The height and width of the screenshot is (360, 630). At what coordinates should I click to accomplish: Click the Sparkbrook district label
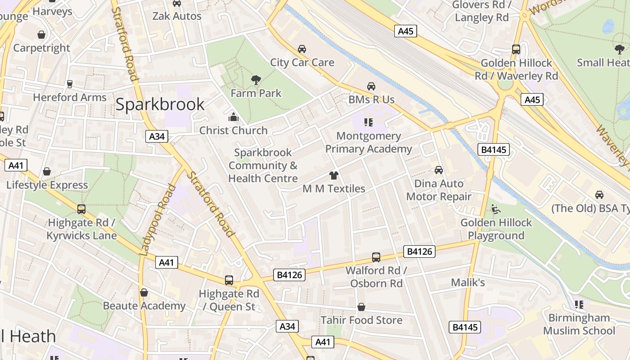(160, 104)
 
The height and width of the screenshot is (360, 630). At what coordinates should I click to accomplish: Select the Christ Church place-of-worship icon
(233, 117)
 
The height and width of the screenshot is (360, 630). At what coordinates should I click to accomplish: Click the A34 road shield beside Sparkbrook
(157, 136)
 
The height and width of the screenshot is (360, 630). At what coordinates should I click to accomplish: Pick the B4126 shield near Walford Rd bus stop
(419, 252)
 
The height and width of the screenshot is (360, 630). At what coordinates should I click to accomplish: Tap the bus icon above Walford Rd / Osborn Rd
(376, 257)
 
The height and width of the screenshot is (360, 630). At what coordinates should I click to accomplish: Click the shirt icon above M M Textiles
(333, 175)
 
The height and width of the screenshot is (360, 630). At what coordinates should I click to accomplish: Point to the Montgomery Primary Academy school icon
(369, 122)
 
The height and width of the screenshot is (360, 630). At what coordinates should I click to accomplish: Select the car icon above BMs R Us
(371, 86)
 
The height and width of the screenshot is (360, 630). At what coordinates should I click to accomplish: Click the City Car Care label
(302, 62)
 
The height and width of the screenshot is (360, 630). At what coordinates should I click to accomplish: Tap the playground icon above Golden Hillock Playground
(496, 209)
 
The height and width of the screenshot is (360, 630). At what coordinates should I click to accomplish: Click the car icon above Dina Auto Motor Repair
(439, 170)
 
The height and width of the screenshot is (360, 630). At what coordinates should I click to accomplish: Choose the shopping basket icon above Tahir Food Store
(361, 307)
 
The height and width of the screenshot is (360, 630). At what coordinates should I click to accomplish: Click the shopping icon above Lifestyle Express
(47, 171)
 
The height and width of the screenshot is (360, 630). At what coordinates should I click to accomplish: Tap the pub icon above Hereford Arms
(69, 84)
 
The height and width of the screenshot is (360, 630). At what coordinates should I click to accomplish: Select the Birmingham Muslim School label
(579, 324)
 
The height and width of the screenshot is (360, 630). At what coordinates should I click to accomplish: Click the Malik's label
(468, 282)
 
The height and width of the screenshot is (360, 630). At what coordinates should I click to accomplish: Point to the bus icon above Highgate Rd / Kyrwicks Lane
(81, 209)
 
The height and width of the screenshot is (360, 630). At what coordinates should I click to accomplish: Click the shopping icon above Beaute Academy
(144, 292)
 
